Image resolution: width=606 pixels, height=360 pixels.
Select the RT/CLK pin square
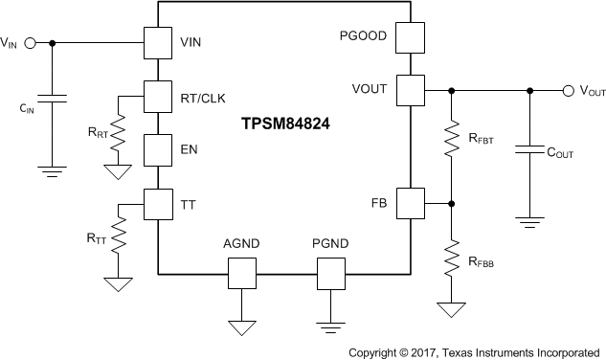[x=157, y=96]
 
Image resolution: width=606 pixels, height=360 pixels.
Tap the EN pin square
[x=157, y=149]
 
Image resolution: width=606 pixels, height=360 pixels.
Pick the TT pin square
[x=157, y=203]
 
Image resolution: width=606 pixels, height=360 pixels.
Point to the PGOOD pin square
[x=409, y=38]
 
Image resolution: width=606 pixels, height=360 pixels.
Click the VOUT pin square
[x=409, y=91]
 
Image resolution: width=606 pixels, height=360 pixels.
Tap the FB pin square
[x=409, y=203]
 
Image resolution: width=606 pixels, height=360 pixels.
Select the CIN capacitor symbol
[x=54, y=99]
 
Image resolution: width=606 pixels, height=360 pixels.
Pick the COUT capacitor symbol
[x=527, y=150]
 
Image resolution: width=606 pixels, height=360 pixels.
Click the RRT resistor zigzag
[x=119, y=134]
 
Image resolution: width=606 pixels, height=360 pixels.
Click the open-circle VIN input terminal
[x=29, y=43]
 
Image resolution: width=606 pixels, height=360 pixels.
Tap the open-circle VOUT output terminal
[x=569, y=91]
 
